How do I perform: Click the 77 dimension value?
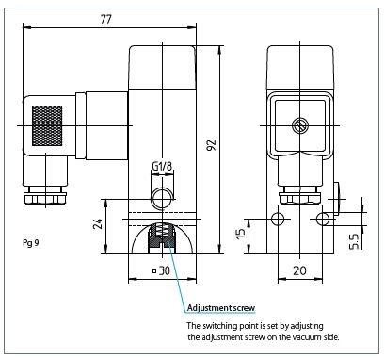106,19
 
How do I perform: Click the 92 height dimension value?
213,144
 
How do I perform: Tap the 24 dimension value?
99,223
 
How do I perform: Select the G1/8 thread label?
162,166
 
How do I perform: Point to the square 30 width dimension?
161,270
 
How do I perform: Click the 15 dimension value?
240,233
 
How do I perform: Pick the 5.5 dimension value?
354,241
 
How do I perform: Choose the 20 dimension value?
299,270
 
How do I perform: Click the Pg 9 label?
31,243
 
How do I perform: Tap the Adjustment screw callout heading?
221,308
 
